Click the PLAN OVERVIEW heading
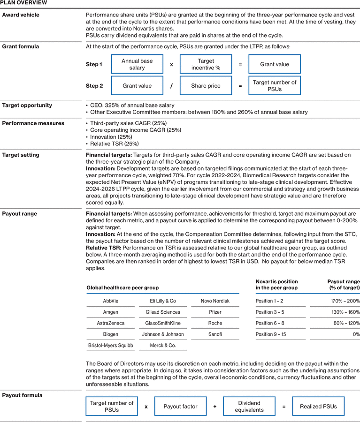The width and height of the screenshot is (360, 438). (x=23, y=3)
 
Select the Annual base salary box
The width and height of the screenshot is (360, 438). (x=137, y=64)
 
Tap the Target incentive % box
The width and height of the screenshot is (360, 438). (x=206, y=64)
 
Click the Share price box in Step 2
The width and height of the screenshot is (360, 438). (x=206, y=86)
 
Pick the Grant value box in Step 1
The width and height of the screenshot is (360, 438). (x=275, y=64)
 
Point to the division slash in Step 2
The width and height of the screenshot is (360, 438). (x=171, y=86)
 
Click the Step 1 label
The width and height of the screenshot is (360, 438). (x=94, y=64)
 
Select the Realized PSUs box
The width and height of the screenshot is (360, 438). (x=318, y=407)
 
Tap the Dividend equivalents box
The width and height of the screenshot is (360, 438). (x=249, y=407)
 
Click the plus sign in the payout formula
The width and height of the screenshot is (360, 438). (x=215, y=407)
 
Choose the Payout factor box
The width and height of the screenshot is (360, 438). (x=180, y=407)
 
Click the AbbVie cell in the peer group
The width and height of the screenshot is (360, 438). (x=111, y=301)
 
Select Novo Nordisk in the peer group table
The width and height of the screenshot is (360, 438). (x=214, y=301)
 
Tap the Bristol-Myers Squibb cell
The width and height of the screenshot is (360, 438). (x=111, y=346)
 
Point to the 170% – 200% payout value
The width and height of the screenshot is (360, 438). (x=345, y=301)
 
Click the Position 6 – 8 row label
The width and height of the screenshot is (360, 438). (x=270, y=323)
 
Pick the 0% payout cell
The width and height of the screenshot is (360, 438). (x=356, y=334)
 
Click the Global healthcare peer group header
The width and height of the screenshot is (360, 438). (x=123, y=287)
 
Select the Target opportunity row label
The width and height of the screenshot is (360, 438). (x=27, y=106)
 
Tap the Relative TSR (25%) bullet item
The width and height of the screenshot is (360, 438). (x=114, y=144)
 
